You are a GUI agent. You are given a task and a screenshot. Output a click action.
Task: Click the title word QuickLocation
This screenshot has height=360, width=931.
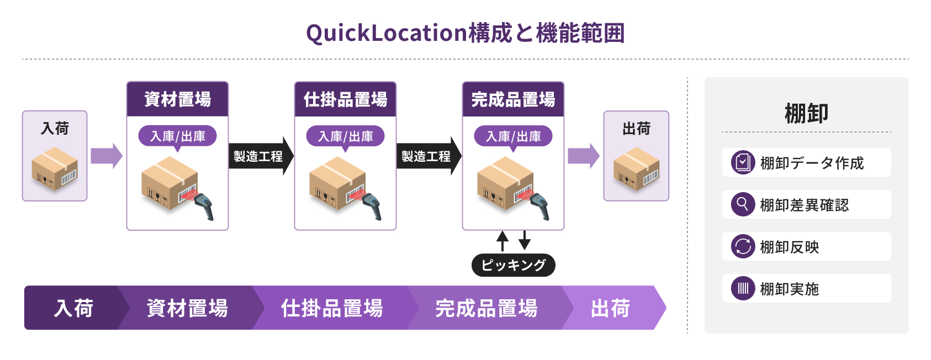tap(387, 33)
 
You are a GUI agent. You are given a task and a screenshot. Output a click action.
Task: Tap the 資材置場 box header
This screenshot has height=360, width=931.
tap(177, 99)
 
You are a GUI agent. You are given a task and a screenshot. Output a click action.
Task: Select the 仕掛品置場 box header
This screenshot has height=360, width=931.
tap(345, 99)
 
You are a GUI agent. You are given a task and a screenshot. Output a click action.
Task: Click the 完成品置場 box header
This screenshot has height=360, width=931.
tap(514, 99)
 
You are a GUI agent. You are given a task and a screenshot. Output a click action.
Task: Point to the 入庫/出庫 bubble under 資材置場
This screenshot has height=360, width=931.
tap(177, 136)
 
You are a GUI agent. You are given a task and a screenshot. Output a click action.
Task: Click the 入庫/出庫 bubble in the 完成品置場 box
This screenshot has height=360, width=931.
tap(514, 136)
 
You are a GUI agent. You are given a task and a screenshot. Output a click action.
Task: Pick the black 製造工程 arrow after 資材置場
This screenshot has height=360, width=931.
tap(261, 156)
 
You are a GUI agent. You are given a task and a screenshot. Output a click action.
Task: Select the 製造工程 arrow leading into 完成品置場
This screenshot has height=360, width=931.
tap(429, 156)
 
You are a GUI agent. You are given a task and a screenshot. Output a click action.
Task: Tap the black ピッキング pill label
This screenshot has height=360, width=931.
tap(514, 265)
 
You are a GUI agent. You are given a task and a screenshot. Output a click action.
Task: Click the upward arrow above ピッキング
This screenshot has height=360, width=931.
tap(502, 241)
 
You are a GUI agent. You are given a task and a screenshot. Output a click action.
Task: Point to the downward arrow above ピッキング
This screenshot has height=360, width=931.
tap(525, 240)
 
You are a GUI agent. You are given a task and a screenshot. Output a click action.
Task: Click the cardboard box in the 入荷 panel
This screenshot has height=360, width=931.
tap(55, 168)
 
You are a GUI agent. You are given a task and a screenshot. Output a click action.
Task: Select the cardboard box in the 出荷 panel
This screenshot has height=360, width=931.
tap(636, 168)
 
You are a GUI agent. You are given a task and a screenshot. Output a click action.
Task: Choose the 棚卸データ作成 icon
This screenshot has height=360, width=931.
tap(743, 162)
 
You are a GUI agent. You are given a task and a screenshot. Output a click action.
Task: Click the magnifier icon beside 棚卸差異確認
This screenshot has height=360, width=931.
tap(743, 204)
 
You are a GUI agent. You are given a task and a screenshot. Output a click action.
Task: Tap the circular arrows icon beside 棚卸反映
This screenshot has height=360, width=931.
tap(743, 246)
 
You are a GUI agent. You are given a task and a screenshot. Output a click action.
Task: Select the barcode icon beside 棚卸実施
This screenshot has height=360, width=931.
tap(743, 288)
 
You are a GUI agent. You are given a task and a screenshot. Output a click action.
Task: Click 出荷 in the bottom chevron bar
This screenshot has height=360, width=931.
tap(610, 308)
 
